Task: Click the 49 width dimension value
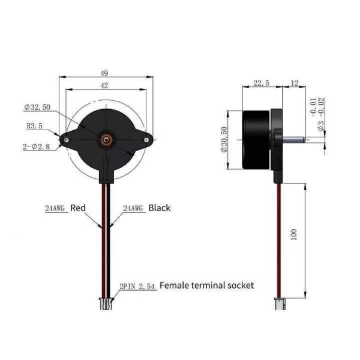(104, 73)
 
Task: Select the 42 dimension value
(104, 86)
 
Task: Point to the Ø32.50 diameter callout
(37, 107)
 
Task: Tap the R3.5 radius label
(35, 126)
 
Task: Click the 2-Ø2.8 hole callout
(36, 146)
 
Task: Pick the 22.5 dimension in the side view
(261, 83)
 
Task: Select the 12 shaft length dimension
(295, 83)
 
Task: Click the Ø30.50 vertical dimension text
(224, 139)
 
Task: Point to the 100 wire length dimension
(294, 235)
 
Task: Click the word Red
(78, 208)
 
